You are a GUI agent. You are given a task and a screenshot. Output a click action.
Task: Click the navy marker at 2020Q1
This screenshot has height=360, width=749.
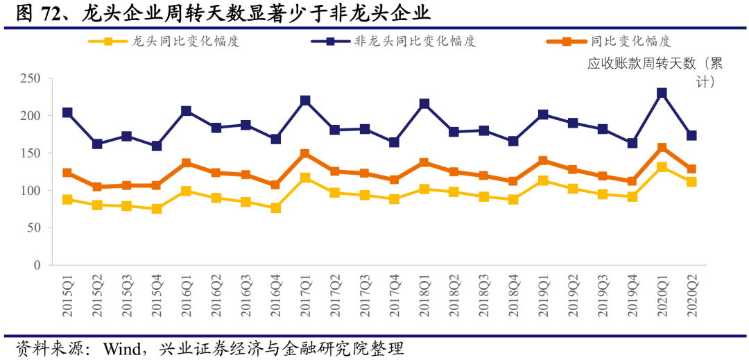tap(662, 93)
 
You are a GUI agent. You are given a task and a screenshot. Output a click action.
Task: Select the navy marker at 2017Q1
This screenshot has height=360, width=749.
tap(305, 101)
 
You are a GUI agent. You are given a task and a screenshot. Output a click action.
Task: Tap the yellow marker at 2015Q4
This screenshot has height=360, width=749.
tap(157, 208)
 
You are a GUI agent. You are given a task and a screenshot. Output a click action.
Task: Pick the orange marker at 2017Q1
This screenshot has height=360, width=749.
tap(305, 154)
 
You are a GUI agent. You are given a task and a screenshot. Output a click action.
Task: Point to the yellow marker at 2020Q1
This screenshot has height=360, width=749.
tap(662, 167)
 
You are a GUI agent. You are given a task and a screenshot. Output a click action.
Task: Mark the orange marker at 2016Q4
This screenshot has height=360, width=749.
tap(275, 185)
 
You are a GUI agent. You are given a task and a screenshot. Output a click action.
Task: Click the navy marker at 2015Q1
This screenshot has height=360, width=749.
tap(67, 112)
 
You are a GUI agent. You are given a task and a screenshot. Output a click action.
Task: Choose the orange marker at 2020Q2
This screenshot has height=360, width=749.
tap(691, 169)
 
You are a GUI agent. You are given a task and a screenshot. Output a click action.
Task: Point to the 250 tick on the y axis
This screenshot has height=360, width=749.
tap(31, 78)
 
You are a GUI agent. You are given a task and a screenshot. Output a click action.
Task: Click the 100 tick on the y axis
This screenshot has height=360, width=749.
tap(31, 191)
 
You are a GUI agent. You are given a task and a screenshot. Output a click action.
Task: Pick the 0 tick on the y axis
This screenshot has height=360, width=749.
tap(37, 265)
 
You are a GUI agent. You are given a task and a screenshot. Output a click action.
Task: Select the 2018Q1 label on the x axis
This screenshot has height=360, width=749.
tap(424, 295)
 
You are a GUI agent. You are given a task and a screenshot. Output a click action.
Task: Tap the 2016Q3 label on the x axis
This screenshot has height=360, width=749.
tap(246, 295)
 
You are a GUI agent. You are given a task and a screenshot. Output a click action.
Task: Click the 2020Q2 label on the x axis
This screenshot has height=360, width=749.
tap(692, 295)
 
